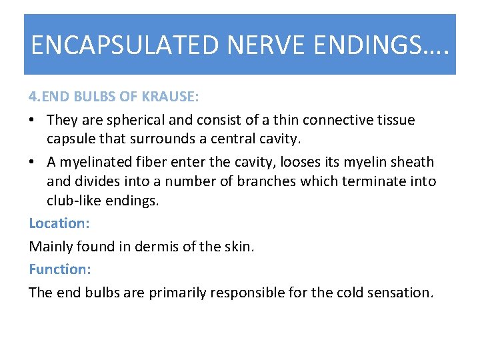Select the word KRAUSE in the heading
(x=171, y=97)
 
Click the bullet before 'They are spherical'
(x=33, y=121)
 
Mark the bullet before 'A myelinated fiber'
(x=33, y=162)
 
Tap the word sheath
(x=411, y=162)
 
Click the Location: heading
(x=58, y=224)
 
